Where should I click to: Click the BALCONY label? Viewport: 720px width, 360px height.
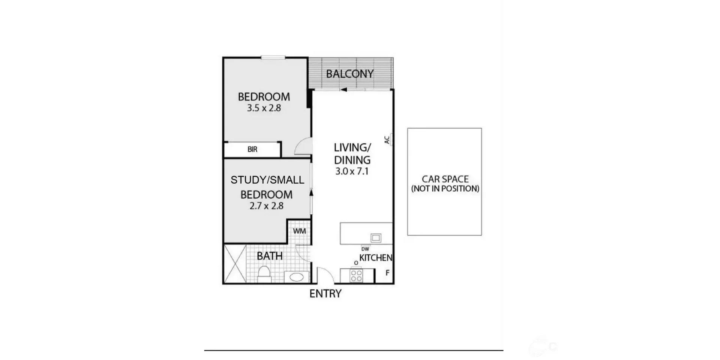pos(349,74)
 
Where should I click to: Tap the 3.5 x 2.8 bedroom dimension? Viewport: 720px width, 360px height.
pos(264,108)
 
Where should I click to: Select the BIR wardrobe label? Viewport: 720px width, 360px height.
pos(252,149)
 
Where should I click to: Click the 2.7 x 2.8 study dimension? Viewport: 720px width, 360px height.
pos(266,206)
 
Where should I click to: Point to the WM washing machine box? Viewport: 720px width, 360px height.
pos(299,231)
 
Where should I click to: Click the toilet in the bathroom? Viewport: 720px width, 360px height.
pos(264,273)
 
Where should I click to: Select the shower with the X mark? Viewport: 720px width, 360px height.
pos(235,264)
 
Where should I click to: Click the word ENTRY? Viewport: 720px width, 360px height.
pos(325,294)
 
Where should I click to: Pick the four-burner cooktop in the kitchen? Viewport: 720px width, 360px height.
pos(356,276)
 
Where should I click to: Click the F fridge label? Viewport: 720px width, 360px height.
pos(388,273)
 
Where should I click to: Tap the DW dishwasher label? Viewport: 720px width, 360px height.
pos(365,249)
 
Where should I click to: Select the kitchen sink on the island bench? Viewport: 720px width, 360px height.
pos(376,238)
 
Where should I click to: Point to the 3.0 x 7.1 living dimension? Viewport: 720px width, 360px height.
pos(352,172)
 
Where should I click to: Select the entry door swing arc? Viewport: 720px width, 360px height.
pos(325,275)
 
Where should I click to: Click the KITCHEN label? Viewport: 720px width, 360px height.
pos(375,258)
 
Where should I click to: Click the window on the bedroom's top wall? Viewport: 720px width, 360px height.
pos(273,57)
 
